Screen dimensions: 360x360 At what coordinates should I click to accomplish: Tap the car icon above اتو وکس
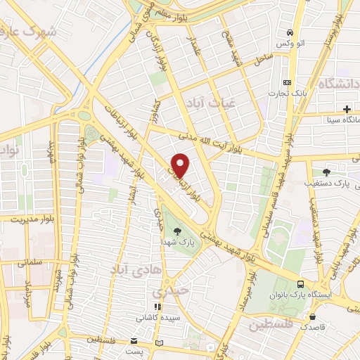pos(290,33)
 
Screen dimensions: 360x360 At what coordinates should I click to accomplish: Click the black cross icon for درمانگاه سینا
pos(347,108)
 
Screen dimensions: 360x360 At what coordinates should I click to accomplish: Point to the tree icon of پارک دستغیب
pos(326,171)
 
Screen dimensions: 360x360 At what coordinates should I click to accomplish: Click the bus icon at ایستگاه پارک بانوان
pos(301,284)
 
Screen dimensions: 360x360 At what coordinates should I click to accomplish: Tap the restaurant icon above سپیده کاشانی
pos(159,307)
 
